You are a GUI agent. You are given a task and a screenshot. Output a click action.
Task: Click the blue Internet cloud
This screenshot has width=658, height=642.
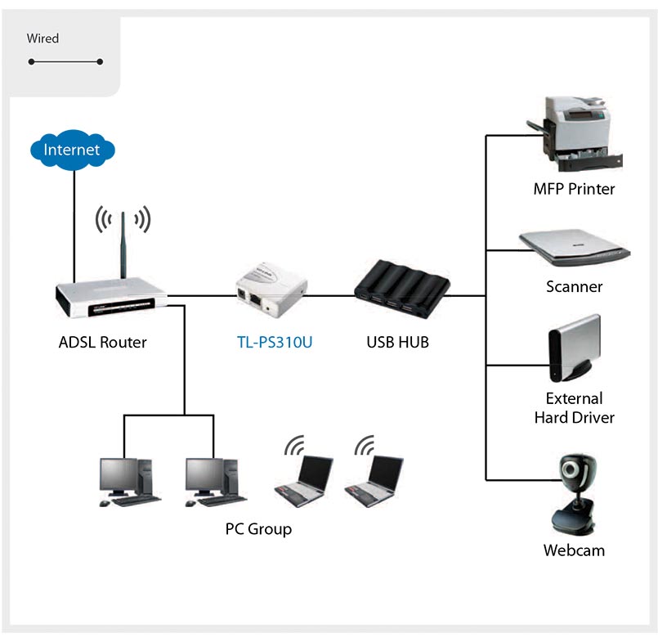point(73,150)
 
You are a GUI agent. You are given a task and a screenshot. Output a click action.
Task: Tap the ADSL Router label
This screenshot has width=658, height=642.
point(103,342)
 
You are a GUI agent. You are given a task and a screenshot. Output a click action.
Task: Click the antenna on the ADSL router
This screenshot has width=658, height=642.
point(123,245)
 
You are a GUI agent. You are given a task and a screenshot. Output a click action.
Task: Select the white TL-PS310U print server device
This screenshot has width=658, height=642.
point(271,290)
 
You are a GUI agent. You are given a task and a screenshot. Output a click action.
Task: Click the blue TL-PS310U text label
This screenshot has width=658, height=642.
point(275,342)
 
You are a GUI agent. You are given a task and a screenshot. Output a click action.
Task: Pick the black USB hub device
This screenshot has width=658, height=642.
point(402,289)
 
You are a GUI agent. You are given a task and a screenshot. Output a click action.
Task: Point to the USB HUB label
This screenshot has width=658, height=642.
point(398,342)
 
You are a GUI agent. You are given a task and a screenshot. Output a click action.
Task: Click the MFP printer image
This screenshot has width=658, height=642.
point(575,133)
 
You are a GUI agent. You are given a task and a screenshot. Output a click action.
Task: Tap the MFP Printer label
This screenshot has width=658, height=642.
point(574,189)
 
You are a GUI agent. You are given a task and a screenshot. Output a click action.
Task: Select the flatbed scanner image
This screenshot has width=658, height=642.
point(575,248)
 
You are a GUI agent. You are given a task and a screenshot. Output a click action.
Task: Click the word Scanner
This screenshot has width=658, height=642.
point(575,287)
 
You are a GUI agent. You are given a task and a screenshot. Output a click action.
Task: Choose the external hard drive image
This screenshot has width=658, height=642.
point(575,348)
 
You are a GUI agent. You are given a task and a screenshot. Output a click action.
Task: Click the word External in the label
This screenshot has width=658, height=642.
point(575,398)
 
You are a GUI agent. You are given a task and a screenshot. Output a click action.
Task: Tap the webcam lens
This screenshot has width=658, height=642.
point(571,469)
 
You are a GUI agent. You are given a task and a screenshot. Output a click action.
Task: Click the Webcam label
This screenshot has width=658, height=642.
point(574,550)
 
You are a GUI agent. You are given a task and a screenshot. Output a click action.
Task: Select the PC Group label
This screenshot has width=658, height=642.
point(258,529)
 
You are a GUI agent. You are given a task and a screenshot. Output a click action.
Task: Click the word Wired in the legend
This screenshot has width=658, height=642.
point(43,38)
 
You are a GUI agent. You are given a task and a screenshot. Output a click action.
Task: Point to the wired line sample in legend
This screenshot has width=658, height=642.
point(65,61)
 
